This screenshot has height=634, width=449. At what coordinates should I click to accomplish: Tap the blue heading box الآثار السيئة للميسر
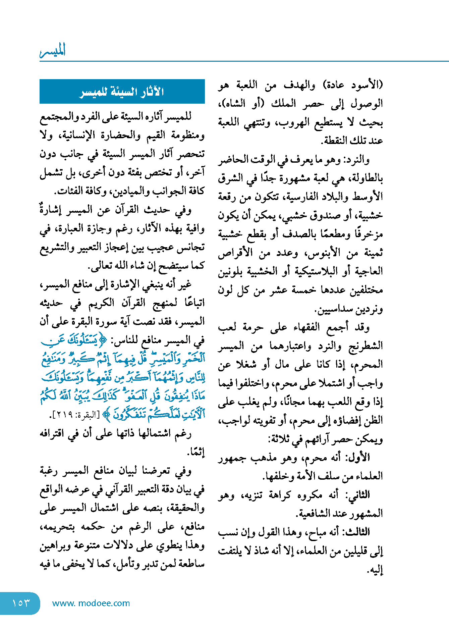click(122, 92)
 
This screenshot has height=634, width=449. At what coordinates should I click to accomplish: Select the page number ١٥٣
click(20, 603)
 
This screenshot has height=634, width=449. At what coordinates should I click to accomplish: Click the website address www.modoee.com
click(91, 603)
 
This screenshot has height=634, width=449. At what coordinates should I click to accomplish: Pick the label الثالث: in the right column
click(357, 532)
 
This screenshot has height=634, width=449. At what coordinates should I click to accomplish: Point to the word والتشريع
click(57, 248)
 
